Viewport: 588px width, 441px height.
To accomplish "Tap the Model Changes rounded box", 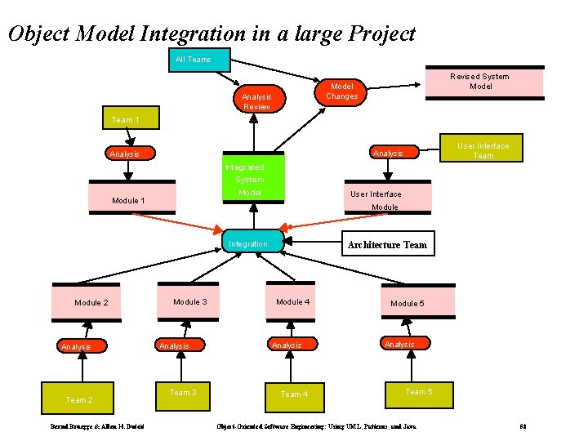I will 341,91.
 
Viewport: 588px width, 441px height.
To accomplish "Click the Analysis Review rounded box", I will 256,100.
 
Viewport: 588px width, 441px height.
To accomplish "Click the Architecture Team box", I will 387,244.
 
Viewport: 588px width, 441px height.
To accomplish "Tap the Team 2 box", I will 80,399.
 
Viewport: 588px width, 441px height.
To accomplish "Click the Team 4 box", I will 294,394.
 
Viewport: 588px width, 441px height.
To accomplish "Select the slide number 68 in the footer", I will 523,427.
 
